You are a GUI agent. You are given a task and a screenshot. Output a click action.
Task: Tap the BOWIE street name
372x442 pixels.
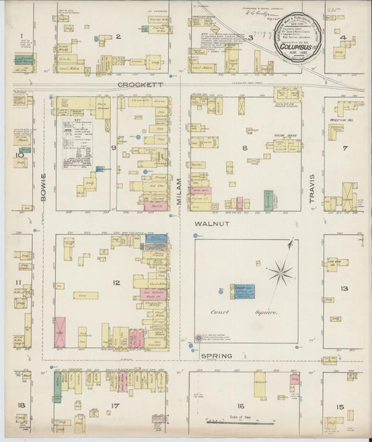point(43,187)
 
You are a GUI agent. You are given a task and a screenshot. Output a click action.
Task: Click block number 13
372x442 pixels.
point(343,288)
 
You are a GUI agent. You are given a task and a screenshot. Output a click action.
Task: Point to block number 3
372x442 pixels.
point(250,38)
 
